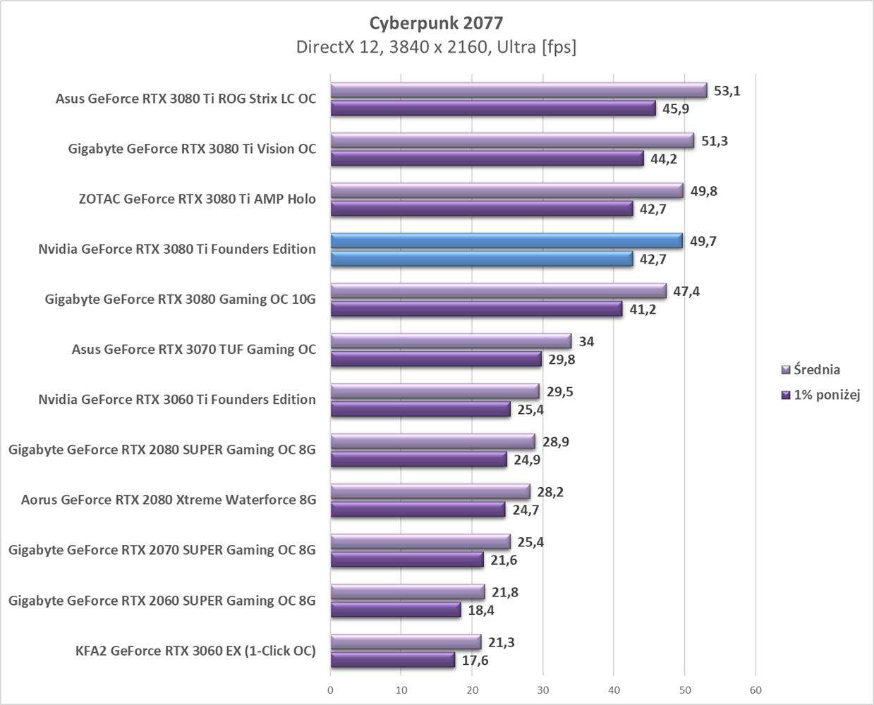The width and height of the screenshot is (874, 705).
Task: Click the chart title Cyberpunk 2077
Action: click(x=436, y=23)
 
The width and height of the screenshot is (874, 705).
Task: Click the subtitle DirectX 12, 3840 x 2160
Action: click(x=436, y=47)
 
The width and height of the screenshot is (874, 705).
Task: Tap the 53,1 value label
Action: click(x=727, y=91)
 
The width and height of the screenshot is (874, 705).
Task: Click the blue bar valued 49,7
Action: click(x=506, y=241)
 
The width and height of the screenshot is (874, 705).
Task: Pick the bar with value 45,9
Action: click(x=493, y=109)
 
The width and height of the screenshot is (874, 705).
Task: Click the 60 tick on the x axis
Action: click(x=755, y=690)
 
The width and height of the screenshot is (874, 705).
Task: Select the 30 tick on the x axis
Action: click(x=542, y=690)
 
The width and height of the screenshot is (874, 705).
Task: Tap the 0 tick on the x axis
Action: click(x=330, y=690)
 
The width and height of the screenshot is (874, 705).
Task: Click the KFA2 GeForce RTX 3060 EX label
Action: click(x=195, y=651)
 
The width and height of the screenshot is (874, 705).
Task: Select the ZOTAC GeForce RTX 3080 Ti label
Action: click(x=198, y=199)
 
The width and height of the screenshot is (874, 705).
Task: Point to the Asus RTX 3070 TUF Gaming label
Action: click(x=194, y=350)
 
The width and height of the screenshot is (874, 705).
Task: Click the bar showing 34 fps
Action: click(x=451, y=341)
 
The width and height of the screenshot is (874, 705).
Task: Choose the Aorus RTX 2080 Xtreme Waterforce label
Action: click(x=169, y=500)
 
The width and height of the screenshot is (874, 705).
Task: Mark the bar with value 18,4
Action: click(x=395, y=610)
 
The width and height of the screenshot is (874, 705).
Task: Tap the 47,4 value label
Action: click(x=686, y=291)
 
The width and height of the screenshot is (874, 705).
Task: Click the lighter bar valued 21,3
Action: click(x=406, y=642)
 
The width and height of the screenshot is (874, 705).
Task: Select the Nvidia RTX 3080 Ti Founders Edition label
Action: click(x=177, y=249)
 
